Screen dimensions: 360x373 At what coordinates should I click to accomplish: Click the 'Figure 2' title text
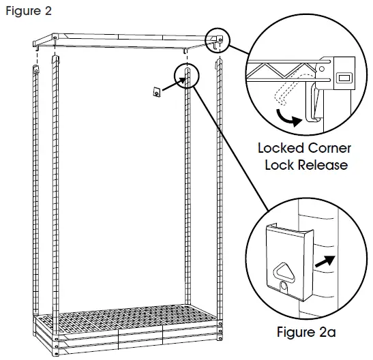tap(26, 12)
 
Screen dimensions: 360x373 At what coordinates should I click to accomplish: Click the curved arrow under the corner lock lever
tap(286, 119)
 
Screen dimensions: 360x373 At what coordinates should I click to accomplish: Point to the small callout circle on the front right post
tap(186, 74)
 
